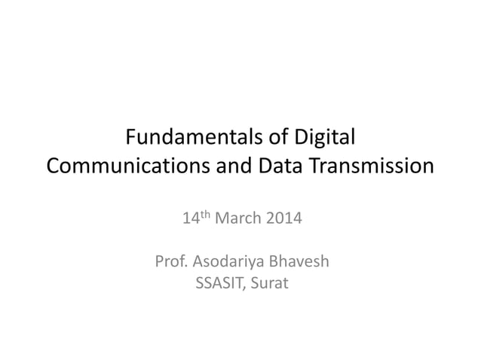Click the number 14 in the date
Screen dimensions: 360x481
pyautogui.click(x=191, y=220)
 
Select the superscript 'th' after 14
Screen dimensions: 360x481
pyautogui.click(x=206, y=216)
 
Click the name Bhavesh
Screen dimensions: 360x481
pyautogui.click(x=300, y=263)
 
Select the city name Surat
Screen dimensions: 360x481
pyautogui.click(x=268, y=285)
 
